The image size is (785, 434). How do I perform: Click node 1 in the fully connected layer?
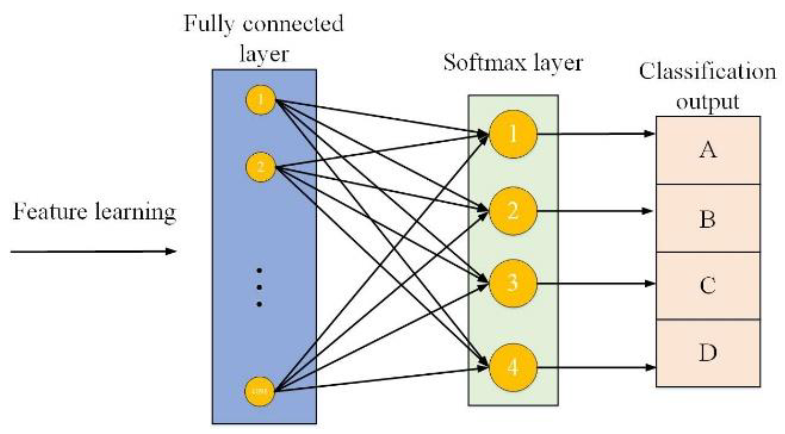(x=261, y=100)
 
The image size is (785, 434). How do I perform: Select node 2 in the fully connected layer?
(x=261, y=167)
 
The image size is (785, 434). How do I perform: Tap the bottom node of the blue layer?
(x=259, y=391)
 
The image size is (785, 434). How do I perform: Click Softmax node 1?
(x=513, y=134)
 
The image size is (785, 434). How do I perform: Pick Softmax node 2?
(x=513, y=211)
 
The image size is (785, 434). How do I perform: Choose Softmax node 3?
(x=513, y=283)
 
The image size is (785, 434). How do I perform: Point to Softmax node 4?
(x=513, y=367)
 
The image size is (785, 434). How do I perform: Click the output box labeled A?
(x=708, y=150)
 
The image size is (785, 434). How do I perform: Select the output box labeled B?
(x=708, y=219)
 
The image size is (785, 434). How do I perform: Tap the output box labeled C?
(x=708, y=286)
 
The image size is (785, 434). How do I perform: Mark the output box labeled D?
(x=708, y=353)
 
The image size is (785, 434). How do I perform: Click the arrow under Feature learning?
(x=93, y=251)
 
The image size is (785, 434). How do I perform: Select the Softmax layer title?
(x=513, y=63)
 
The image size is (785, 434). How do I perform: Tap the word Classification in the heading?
(x=707, y=72)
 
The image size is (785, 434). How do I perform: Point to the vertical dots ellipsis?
(x=259, y=287)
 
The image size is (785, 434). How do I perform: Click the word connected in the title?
(x=293, y=24)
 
